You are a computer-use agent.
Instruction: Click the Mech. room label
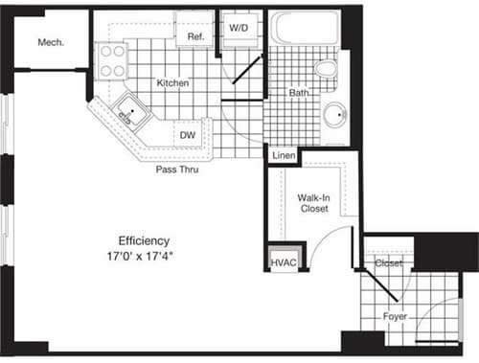click(51, 42)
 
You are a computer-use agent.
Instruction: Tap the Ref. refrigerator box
click(196, 36)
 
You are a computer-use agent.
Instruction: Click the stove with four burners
click(112, 61)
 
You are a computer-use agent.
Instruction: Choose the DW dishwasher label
click(188, 136)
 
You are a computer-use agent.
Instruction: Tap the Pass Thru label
click(177, 169)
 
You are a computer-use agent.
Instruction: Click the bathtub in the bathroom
click(306, 29)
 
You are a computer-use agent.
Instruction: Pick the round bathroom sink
click(335, 115)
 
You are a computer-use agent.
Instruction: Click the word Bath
click(298, 93)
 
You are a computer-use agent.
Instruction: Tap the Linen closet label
click(283, 156)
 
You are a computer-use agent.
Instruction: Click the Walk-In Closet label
click(314, 202)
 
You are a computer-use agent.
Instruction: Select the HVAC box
click(284, 260)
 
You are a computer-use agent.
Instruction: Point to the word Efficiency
click(144, 239)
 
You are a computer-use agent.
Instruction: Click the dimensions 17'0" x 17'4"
click(145, 256)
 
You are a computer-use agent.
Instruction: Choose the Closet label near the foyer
click(389, 262)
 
